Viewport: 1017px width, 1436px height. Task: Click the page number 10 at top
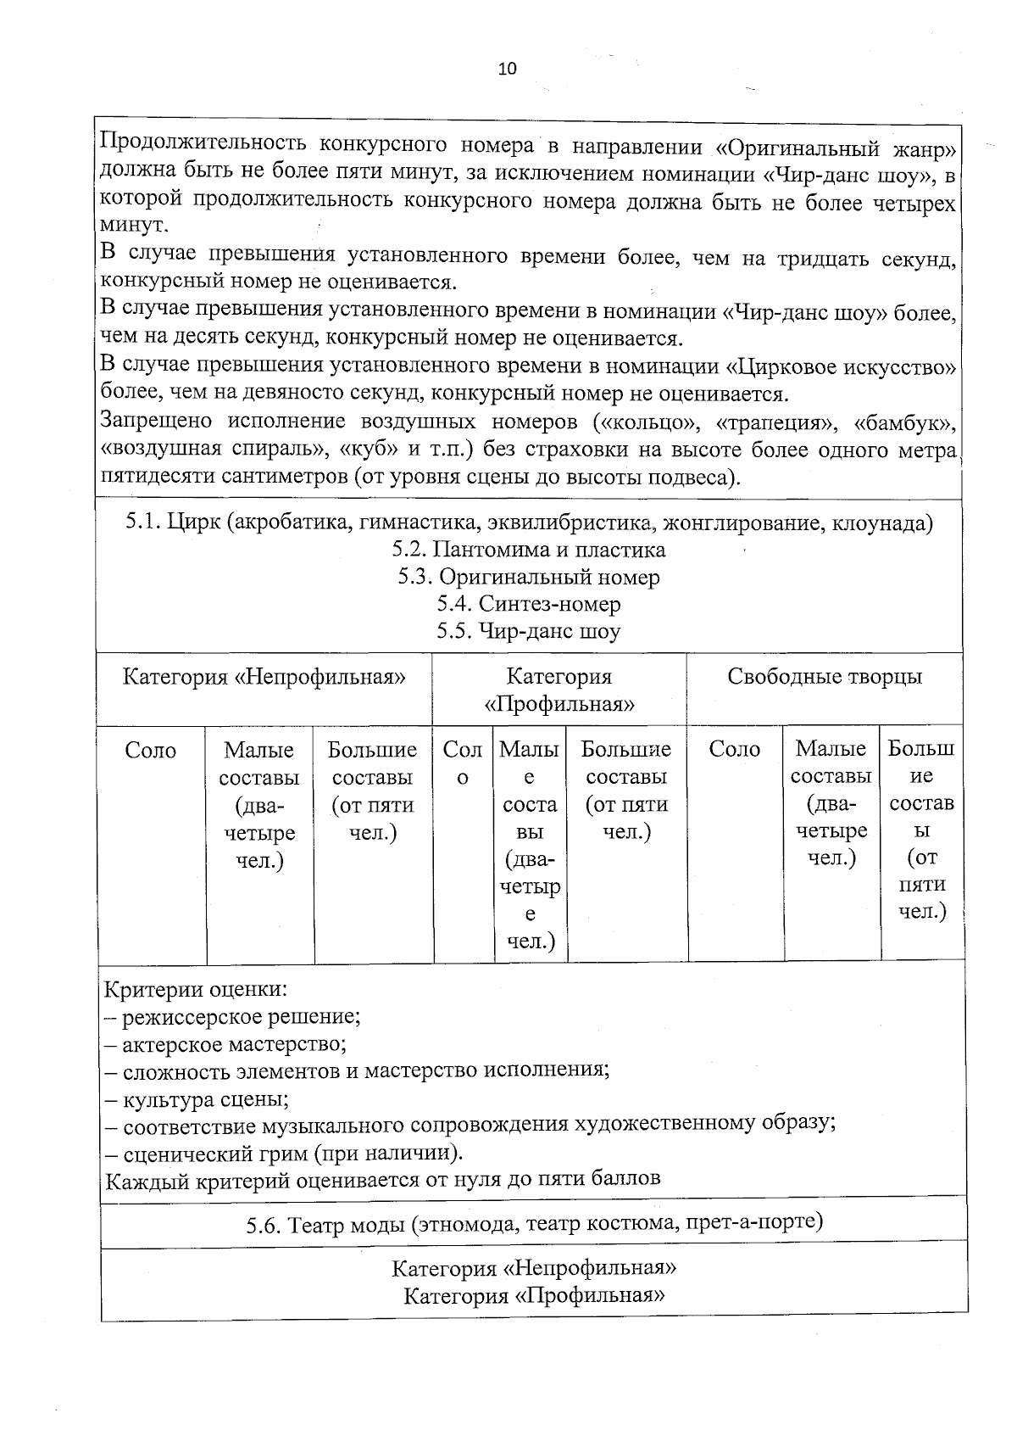click(x=507, y=70)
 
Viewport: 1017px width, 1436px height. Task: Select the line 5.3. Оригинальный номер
click(x=529, y=578)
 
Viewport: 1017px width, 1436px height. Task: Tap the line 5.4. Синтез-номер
click(x=529, y=605)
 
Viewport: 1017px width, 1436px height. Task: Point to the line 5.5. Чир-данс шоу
click(x=529, y=632)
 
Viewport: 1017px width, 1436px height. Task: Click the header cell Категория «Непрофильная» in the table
click(x=264, y=677)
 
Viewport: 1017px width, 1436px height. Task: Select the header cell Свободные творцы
click(x=824, y=677)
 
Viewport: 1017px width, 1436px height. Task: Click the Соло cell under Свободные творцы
click(x=734, y=749)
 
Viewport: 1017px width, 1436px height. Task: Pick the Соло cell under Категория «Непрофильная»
click(x=151, y=751)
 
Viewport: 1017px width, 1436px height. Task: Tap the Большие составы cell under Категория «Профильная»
click(x=626, y=790)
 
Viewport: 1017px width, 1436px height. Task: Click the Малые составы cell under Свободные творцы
click(x=831, y=803)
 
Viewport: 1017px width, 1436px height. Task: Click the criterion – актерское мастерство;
click(x=225, y=1044)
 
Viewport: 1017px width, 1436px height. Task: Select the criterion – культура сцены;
click(x=197, y=1100)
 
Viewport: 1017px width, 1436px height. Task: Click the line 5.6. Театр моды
click(x=534, y=1223)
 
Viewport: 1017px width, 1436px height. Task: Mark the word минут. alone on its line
click(x=135, y=226)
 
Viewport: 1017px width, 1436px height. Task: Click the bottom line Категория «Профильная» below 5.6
click(x=534, y=1296)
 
